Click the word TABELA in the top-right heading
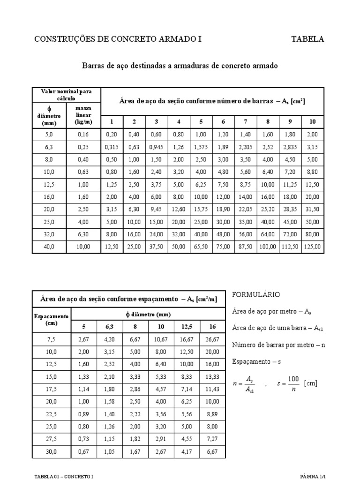point(307,39)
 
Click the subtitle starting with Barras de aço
point(180,66)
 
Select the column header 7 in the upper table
point(245,122)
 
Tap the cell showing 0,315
point(112,147)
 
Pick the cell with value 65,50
point(201,246)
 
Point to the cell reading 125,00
point(312,246)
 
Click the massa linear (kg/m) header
point(83,115)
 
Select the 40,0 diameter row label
point(49,246)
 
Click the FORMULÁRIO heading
point(256,294)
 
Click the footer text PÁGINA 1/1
point(312,476)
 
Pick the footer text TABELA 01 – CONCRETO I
point(64,476)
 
